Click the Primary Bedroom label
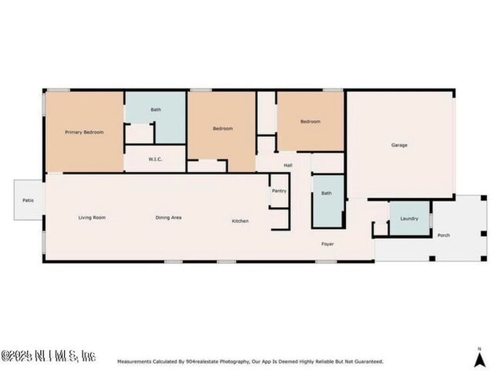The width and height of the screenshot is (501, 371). (84, 132)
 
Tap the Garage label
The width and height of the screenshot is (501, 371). (399, 145)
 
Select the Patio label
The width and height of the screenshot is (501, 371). (28, 201)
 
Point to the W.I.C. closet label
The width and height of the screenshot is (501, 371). (154, 160)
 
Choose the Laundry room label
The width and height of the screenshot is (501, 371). (409, 218)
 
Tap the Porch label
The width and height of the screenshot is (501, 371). (443, 235)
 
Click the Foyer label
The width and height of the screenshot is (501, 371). (328, 244)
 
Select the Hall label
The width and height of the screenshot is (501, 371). (288, 165)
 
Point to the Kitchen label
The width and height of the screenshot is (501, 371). (240, 221)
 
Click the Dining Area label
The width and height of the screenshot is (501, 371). (169, 218)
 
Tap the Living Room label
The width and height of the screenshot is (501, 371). (92, 218)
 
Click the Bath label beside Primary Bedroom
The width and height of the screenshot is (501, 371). (156, 110)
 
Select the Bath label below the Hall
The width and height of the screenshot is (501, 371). (326, 194)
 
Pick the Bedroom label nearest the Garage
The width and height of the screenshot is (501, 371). (310, 121)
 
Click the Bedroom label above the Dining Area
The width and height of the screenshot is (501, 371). (223, 128)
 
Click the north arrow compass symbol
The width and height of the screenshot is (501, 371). (479, 358)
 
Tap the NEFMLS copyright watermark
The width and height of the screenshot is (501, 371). (48, 356)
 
